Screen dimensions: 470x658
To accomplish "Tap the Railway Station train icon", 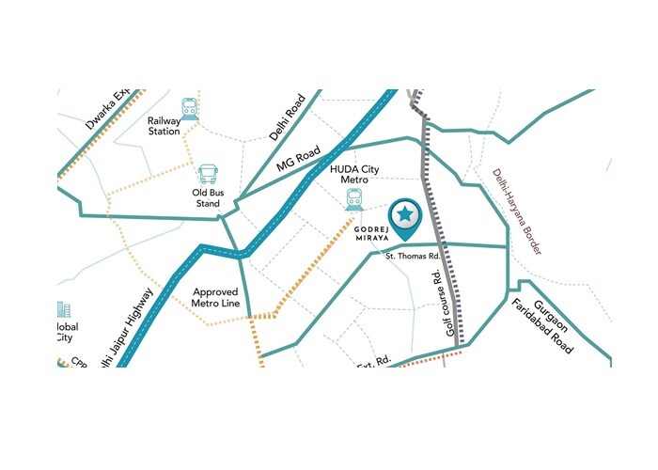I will (191, 107).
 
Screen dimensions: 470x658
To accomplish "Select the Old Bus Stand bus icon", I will (208, 175).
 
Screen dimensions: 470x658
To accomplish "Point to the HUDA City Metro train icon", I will (354, 198).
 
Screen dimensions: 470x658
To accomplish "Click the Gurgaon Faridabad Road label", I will (550, 321).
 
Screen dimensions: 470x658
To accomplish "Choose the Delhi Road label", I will (288, 117).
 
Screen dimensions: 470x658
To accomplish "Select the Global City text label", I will (66, 333).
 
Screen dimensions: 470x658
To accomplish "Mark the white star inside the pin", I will (405, 215).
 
